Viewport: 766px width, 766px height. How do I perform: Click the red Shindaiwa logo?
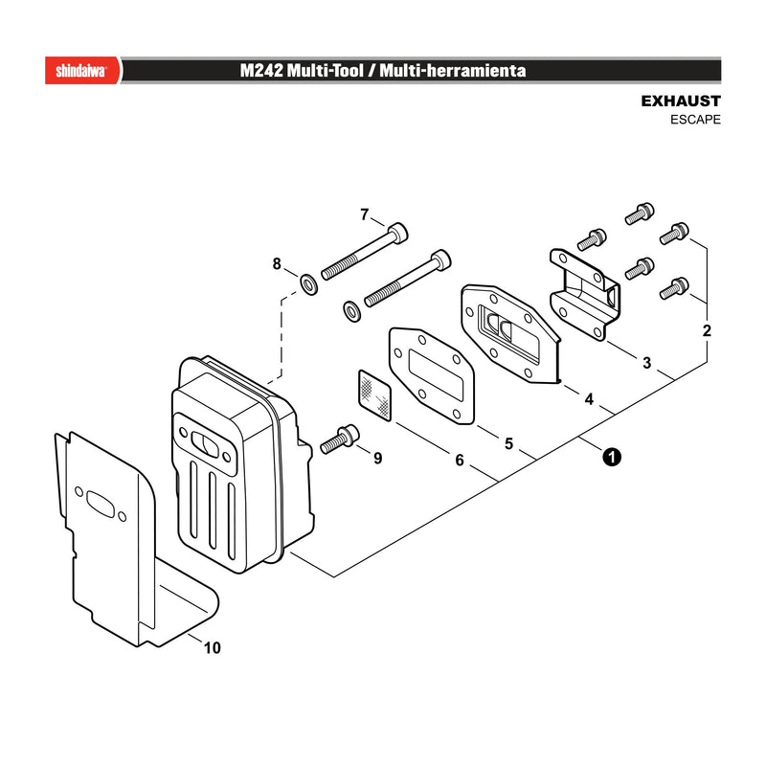(82, 70)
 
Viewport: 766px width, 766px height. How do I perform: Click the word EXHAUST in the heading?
(681, 101)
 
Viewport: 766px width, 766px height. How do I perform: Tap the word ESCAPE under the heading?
(695, 120)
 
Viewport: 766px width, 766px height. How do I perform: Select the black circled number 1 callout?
(612, 458)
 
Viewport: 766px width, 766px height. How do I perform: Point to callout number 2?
(707, 330)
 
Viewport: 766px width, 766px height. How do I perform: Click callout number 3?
(647, 363)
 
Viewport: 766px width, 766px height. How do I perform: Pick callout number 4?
(589, 399)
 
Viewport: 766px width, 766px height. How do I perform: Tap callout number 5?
(509, 443)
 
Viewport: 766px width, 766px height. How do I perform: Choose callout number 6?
(460, 461)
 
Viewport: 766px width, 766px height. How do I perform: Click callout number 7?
(365, 214)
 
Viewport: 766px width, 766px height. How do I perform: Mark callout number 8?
(277, 264)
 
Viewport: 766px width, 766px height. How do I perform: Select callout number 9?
(377, 459)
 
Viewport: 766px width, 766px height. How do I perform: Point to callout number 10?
(212, 648)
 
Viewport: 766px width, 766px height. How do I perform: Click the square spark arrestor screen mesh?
(374, 395)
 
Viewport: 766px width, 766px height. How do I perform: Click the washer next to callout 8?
(308, 284)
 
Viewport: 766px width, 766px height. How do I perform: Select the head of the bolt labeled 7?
(397, 233)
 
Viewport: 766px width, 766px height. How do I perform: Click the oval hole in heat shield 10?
(101, 505)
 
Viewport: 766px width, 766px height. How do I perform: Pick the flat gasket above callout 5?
(432, 375)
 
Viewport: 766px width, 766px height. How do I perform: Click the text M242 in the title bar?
(261, 70)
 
